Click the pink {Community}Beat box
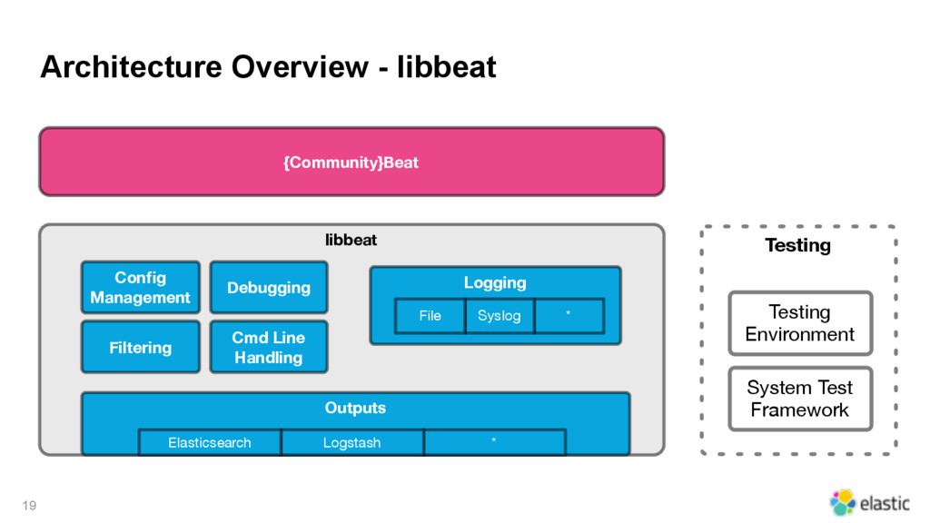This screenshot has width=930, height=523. tap(351, 162)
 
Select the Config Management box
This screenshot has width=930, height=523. tap(141, 287)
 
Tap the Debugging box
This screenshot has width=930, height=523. tap(269, 287)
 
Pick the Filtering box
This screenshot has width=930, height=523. tap(141, 347)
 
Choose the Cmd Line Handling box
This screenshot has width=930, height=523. tap(269, 347)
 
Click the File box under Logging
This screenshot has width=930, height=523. tap(430, 315)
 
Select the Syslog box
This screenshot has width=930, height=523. tap(500, 315)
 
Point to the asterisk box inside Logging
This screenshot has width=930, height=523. tap(569, 315)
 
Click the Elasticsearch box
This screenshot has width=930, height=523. tap(210, 442)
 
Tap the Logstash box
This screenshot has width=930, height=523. tap(352, 442)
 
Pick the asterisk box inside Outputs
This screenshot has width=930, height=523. tap(495, 442)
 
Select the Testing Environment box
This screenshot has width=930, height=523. tap(800, 323)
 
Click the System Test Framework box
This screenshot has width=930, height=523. tap(800, 399)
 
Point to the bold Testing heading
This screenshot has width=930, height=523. tap(797, 245)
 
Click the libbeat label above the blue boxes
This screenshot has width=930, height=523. tap(351, 240)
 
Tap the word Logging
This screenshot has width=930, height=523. tap(495, 283)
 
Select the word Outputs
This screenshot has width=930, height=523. tap(355, 408)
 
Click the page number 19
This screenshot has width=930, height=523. tap(29, 505)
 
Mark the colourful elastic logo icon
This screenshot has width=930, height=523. tap(842, 502)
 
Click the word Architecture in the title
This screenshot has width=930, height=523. tap(131, 66)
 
